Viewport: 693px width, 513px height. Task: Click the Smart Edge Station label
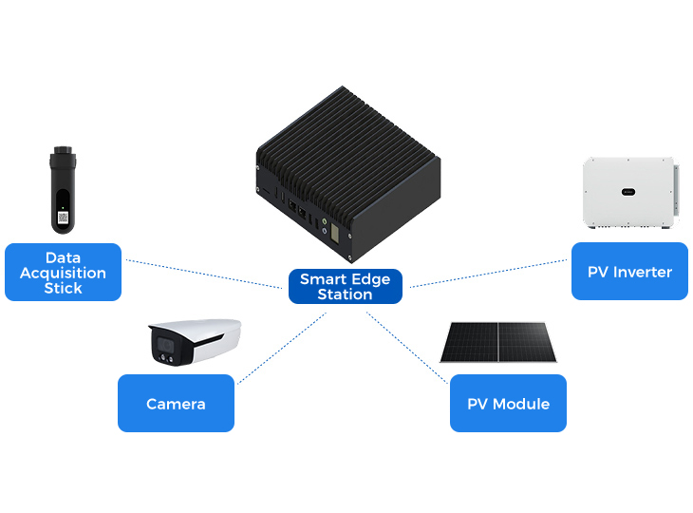[345, 287]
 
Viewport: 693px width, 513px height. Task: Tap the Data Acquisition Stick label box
[63, 272]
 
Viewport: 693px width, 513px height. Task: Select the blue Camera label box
[176, 404]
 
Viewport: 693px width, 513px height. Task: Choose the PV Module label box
[508, 404]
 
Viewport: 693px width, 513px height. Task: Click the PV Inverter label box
[629, 272]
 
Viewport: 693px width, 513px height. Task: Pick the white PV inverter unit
[628, 193]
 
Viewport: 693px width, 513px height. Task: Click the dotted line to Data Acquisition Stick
[204, 273]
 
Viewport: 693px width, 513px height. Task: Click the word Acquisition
[63, 273]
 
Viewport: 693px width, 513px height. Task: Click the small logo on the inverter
[627, 192]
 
